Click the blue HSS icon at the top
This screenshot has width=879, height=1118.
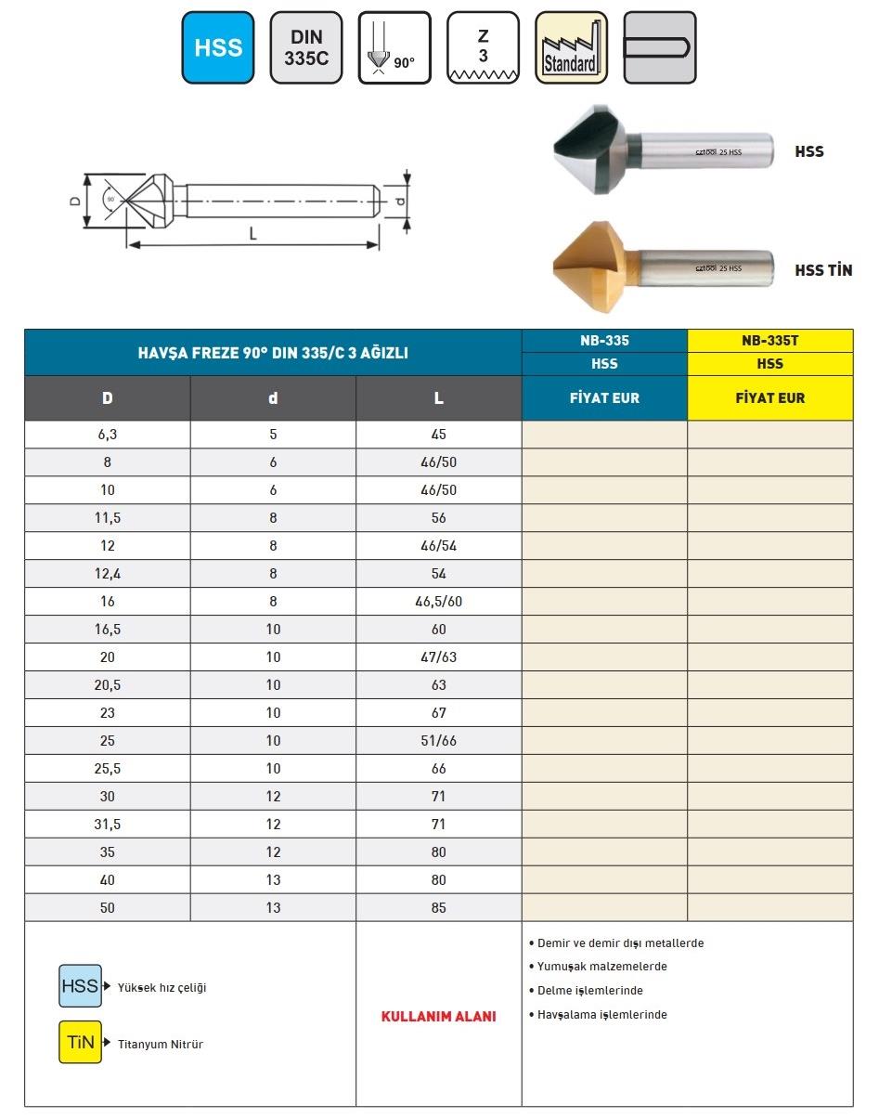click(x=218, y=47)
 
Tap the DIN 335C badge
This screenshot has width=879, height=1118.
click(x=306, y=47)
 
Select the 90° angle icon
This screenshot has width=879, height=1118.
click(x=394, y=47)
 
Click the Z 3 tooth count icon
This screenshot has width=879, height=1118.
click(x=483, y=47)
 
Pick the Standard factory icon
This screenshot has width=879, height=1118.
click(x=571, y=47)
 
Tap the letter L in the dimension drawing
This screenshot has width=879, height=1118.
click(x=252, y=235)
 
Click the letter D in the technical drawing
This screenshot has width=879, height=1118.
click(x=75, y=200)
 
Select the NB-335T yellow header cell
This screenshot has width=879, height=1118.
click(x=769, y=341)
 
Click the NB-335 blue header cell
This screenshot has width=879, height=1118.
click(x=604, y=341)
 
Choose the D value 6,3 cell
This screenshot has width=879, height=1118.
click(x=108, y=435)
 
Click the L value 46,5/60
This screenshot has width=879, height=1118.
click(x=438, y=602)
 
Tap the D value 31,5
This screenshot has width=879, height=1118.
click(x=108, y=825)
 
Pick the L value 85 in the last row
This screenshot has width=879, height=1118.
click(x=438, y=908)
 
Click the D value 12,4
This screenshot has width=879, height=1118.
click(x=108, y=574)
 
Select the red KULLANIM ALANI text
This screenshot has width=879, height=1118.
click(x=438, y=1016)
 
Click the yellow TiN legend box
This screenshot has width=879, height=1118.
click(x=81, y=1042)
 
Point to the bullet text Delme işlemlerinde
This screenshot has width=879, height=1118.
click(x=589, y=991)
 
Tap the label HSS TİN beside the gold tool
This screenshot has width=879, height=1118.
click(x=823, y=270)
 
